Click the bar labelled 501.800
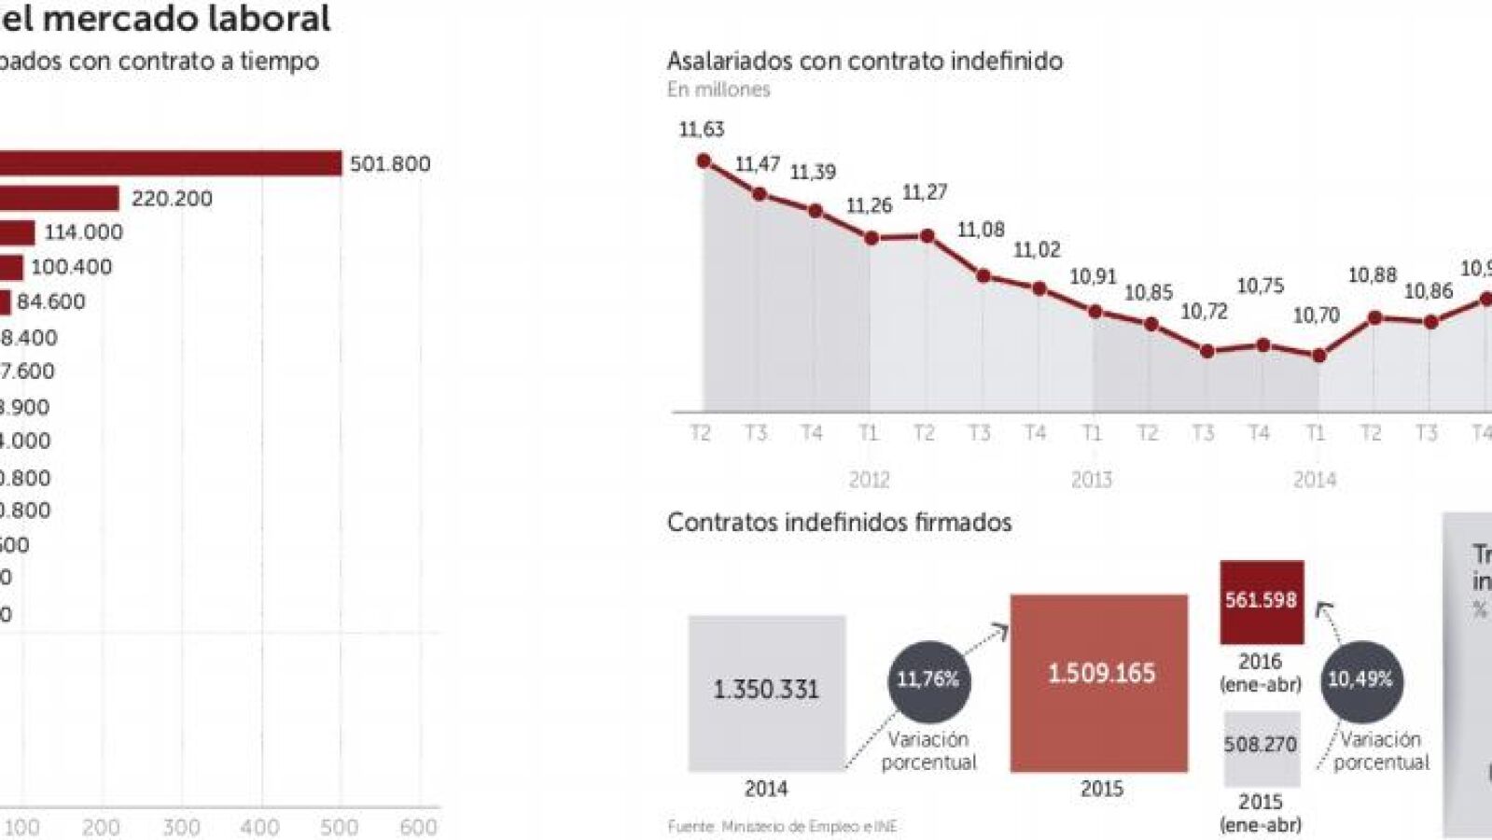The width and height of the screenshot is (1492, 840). click(x=168, y=163)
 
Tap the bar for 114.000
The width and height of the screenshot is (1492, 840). click(x=17, y=232)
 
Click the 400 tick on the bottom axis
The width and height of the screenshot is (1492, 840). click(x=259, y=827)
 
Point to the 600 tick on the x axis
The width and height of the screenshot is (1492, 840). click(x=418, y=827)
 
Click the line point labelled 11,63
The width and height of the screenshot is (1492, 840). click(x=704, y=161)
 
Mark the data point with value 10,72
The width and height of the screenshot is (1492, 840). click(x=1207, y=351)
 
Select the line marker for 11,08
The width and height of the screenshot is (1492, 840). click(x=983, y=275)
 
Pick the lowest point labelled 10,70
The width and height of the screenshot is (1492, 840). click(x=1318, y=356)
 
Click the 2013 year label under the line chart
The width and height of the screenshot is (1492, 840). click(x=1091, y=480)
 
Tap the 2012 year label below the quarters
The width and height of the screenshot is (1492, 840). click(x=869, y=480)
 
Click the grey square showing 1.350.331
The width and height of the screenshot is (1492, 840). click(x=767, y=692)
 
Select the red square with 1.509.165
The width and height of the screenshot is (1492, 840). click(x=1099, y=682)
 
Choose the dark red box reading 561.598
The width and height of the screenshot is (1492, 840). click(x=1262, y=601)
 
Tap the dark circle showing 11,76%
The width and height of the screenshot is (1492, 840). click(x=928, y=680)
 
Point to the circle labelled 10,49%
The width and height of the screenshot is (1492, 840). click(x=1361, y=680)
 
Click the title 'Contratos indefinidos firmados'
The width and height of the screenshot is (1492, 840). click(x=839, y=522)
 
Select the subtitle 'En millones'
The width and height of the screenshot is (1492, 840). click(x=718, y=90)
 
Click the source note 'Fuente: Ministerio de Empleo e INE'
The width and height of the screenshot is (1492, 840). click(x=782, y=826)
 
